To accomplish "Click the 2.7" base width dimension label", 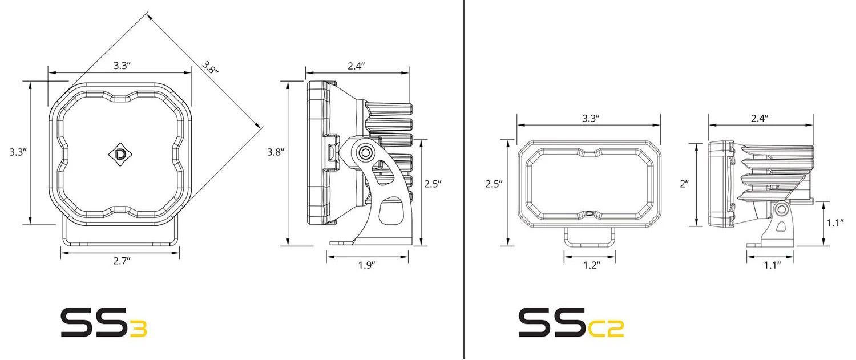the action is tap(122, 261).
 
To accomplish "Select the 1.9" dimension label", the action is tap(366, 265).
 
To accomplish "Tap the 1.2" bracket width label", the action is tap(592, 265).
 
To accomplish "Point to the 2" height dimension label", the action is tap(684, 184).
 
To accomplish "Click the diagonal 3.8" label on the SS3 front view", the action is tap(210, 68).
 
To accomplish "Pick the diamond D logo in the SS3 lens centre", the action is tap(120, 154).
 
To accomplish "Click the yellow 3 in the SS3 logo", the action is tap(138, 329).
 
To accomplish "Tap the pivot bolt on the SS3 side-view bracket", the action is tap(365, 153).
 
